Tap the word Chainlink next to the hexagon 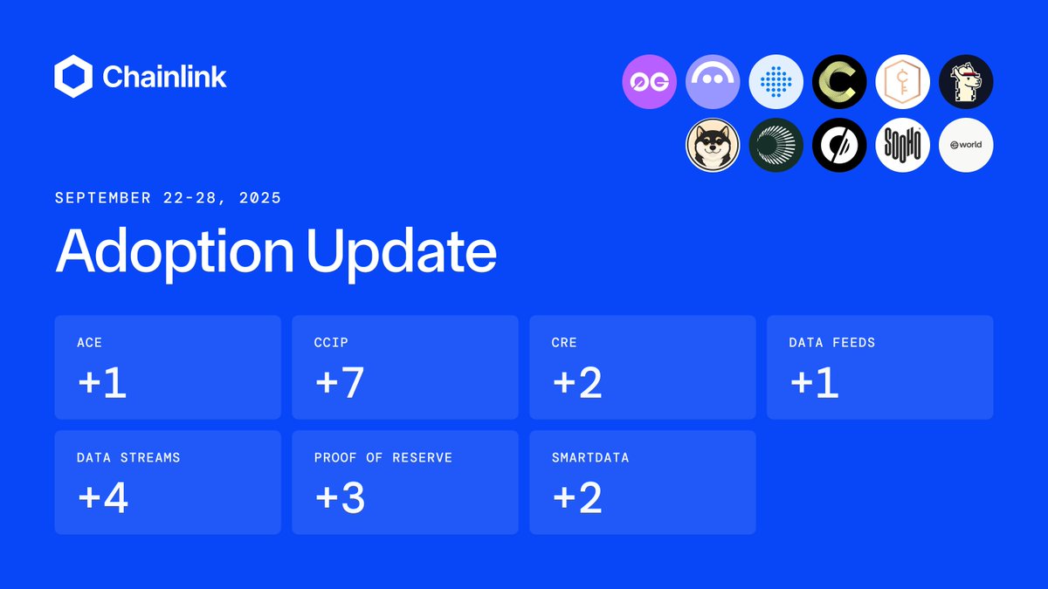[x=164, y=77]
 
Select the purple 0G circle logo [x=650, y=82]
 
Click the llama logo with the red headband [x=966, y=82]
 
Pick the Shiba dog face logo [x=713, y=145]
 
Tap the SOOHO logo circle [x=903, y=145]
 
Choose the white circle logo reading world [x=966, y=145]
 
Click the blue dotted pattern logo [x=776, y=82]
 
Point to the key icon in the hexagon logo [x=903, y=82]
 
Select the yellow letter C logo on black [x=839, y=82]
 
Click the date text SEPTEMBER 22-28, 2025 [x=168, y=198]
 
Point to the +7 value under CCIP [x=340, y=383]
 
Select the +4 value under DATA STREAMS [x=103, y=498]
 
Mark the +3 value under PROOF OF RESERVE [x=340, y=498]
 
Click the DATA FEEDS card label [x=831, y=343]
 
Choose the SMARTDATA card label [x=589, y=457]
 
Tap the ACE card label [x=90, y=343]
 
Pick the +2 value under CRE [x=577, y=383]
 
